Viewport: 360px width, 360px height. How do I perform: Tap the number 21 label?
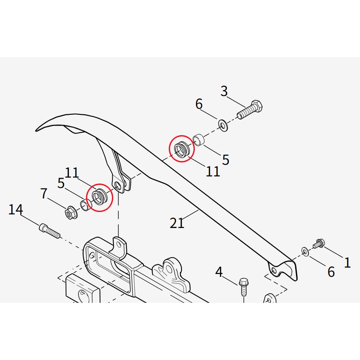177,222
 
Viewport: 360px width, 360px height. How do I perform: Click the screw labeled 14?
49,231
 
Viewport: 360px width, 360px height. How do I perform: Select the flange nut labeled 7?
71,212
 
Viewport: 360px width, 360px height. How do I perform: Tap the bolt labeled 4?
243,286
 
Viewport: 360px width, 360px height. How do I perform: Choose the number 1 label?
347,262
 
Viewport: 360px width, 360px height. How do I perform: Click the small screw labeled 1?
319,243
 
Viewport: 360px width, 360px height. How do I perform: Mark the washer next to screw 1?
305,251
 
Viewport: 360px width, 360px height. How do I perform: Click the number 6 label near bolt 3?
199,104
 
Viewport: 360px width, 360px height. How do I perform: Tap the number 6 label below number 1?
331,272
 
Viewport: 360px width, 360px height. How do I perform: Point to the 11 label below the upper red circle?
213,171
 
